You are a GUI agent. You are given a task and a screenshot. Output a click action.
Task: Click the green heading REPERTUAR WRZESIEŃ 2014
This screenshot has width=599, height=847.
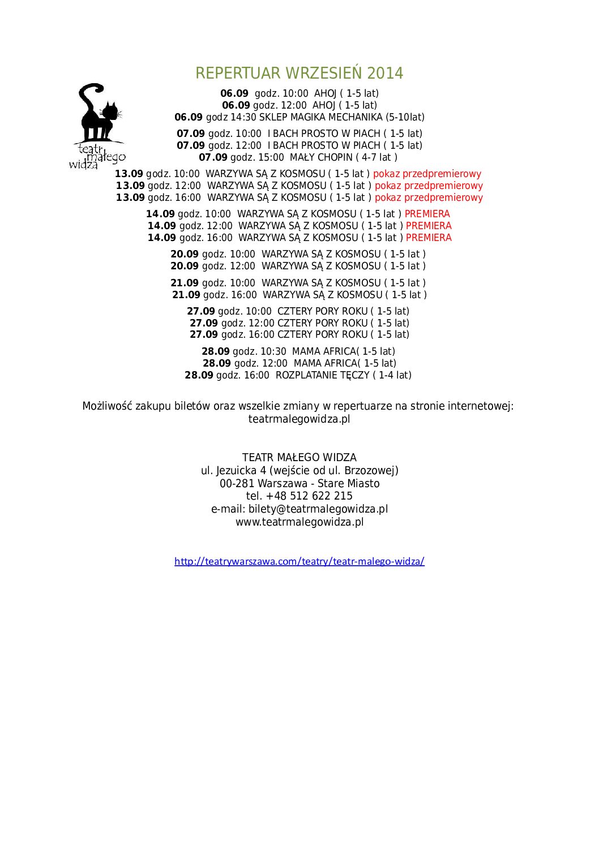[x=299, y=73]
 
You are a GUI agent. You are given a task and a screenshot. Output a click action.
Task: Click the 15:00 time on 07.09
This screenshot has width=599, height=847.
[x=271, y=158]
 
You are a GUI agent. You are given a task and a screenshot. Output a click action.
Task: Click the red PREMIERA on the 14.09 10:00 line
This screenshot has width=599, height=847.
[x=427, y=214]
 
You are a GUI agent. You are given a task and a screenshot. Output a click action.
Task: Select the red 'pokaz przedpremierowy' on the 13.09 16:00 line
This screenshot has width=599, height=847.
[x=429, y=198]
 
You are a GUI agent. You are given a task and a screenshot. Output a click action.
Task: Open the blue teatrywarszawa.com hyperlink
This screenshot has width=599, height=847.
[x=299, y=561]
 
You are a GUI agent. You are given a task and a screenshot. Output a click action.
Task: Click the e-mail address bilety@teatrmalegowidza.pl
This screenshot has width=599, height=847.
[x=318, y=509]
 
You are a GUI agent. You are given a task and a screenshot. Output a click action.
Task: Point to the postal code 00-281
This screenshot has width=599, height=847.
[x=237, y=484]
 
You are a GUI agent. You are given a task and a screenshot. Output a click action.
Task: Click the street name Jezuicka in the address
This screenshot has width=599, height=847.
[x=237, y=471]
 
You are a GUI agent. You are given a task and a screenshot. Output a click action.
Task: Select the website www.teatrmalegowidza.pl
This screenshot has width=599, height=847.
[x=299, y=522]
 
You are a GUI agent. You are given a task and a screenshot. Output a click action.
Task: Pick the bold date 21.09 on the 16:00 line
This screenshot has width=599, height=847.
[x=186, y=295]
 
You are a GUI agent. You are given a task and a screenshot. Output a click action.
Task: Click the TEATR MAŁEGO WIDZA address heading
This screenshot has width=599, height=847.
[x=299, y=458]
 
